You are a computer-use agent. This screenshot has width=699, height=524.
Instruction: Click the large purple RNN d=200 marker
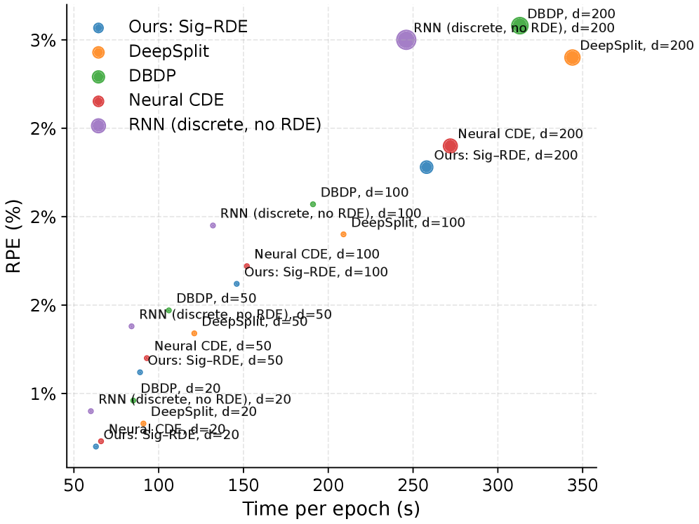click(406, 40)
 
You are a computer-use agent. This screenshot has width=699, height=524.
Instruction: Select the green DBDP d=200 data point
click(519, 27)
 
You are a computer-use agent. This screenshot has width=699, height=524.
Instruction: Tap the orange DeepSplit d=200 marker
click(572, 58)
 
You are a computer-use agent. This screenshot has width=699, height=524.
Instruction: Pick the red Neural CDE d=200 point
click(451, 146)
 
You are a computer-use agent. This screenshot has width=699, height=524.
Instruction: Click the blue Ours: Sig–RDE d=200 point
click(427, 167)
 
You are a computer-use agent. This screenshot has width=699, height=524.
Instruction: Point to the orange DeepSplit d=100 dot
click(343, 234)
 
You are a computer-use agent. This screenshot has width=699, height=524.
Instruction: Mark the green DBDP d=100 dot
click(313, 204)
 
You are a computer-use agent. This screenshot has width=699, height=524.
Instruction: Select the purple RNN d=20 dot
click(91, 411)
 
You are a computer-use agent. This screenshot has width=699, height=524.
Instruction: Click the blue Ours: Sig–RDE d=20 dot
click(96, 447)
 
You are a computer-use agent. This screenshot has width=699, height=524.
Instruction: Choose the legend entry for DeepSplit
click(169, 52)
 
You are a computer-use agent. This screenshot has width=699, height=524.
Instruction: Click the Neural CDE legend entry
click(176, 100)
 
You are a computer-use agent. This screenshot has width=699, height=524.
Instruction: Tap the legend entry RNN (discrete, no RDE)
click(225, 125)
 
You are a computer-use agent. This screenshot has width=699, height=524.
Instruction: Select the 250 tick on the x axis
click(413, 485)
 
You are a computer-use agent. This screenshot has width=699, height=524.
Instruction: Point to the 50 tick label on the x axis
click(74, 485)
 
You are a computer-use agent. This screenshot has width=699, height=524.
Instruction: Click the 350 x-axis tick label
click(582, 485)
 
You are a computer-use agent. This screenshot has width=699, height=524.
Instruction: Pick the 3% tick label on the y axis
click(44, 40)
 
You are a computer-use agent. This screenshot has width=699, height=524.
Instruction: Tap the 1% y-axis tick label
click(44, 394)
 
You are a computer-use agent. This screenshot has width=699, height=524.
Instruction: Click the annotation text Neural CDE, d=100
click(317, 255)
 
